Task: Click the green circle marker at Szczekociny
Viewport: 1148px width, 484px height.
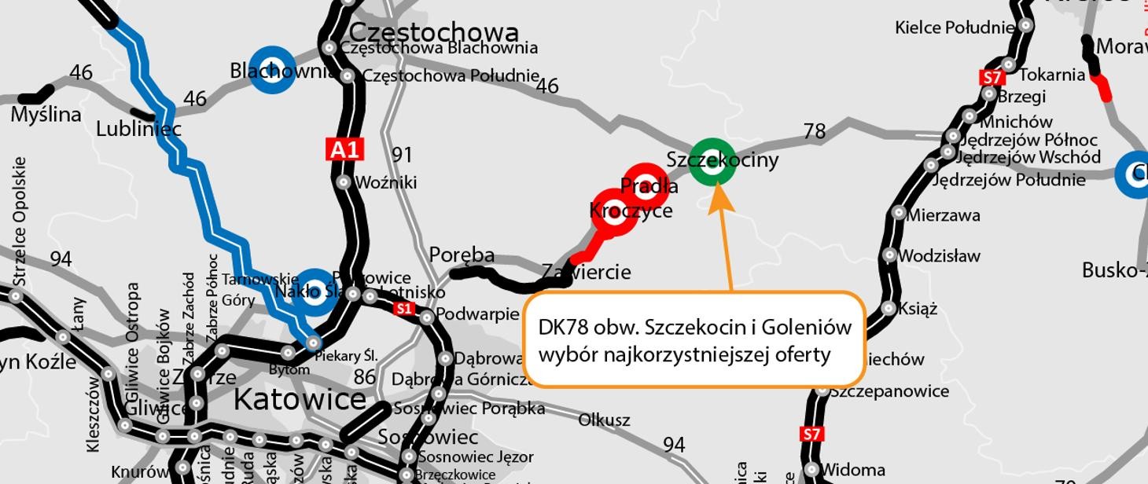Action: [712, 163]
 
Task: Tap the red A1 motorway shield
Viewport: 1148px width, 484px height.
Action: [344, 149]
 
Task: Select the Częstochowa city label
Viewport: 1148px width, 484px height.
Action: [433, 32]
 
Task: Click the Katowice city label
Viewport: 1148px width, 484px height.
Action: [300, 399]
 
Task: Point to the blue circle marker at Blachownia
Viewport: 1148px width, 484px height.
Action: [272, 69]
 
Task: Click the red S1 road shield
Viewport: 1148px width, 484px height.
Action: [404, 309]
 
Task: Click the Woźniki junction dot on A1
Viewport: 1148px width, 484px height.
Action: [344, 182]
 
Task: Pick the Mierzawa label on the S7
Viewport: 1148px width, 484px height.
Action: [944, 214]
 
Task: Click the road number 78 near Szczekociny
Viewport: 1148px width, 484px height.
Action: [815, 131]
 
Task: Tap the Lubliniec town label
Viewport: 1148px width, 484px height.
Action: [138, 129]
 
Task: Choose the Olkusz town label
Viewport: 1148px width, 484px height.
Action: [604, 420]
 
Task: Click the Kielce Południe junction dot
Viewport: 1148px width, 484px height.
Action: [1026, 26]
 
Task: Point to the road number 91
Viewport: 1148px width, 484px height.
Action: [402, 155]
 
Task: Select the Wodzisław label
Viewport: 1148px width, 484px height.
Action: [939, 255]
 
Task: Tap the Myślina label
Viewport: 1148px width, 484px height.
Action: [46, 115]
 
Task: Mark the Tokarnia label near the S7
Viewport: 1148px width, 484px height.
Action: [1052, 75]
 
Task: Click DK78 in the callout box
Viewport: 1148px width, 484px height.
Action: [564, 327]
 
